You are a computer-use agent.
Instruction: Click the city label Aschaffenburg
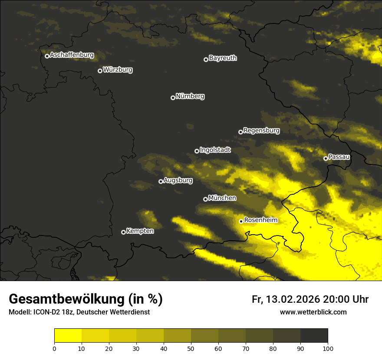point(72,55)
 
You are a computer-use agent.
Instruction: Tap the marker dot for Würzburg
point(100,71)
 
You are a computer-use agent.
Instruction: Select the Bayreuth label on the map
point(223,58)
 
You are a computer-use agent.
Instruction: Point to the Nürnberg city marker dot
point(173,98)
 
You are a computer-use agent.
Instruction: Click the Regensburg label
point(261,131)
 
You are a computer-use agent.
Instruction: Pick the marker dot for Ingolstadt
point(197,151)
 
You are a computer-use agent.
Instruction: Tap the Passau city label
point(339,157)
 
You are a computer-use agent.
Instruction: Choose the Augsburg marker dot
point(161,181)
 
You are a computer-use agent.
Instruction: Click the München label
point(222,198)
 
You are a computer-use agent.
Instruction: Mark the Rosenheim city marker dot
point(241,221)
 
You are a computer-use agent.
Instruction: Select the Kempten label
point(140,231)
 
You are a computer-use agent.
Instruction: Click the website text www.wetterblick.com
point(313,312)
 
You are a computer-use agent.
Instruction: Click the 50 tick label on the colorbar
point(191,348)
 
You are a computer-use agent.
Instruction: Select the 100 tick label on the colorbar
point(328,348)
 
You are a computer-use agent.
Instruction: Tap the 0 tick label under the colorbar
point(54,348)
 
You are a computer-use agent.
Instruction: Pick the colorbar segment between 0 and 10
point(68,336)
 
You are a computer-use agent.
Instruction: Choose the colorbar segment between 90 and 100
point(314,336)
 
